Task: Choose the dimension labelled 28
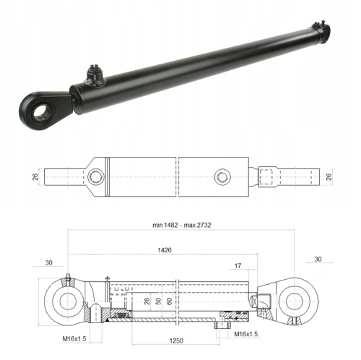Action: pyautogui.click(x=146, y=300)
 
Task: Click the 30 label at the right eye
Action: pyautogui.click(x=318, y=259)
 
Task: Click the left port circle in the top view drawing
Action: pyautogui.click(x=95, y=176)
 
